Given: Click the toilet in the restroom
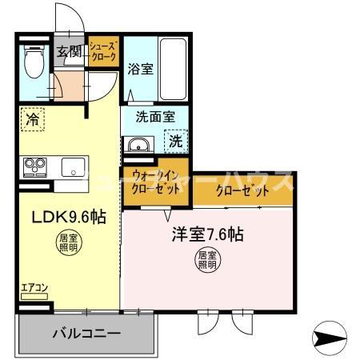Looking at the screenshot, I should point(34,62).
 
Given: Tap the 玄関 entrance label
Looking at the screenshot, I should point(70,53).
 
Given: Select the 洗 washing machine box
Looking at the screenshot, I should point(175,142).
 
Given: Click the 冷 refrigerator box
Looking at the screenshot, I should point(32,119).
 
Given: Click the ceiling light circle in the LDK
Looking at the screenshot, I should point(68,242).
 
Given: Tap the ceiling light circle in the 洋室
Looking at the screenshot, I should point(208,259).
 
